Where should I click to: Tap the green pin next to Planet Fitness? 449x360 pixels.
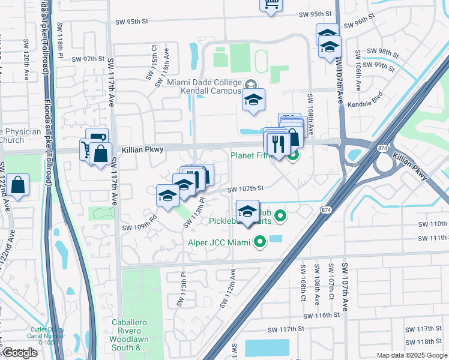tap(293, 156)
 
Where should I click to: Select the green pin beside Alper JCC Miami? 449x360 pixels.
tap(259, 242)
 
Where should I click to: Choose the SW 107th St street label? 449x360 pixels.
tap(245, 189)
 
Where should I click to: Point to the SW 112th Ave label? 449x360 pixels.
tap(229, 288)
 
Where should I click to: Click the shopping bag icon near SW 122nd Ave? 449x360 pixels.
tap(19, 186)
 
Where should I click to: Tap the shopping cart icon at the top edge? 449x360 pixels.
tap(271, 4)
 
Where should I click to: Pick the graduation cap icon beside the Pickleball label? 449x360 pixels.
tap(247, 212)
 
